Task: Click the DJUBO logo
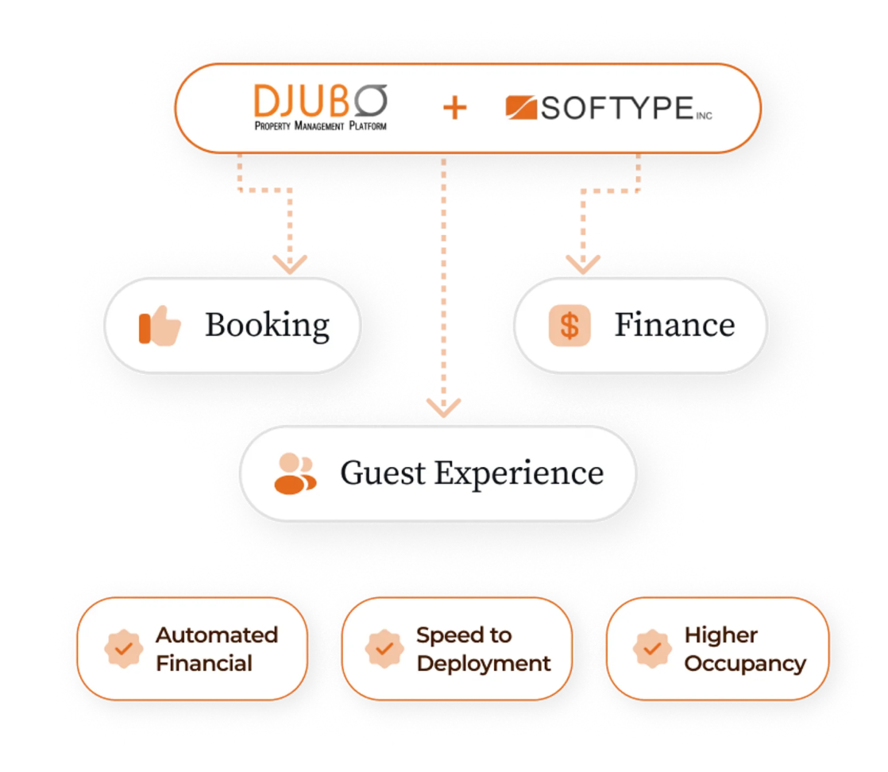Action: [x=321, y=107]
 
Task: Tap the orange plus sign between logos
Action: [x=455, y=107]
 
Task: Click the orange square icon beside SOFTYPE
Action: [x=521, y=107]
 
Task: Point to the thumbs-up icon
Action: [x=160, y=326]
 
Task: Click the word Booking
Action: [x=268, y=326]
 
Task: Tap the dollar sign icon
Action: [x=569, y=326]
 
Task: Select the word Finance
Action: [x=675, y=325]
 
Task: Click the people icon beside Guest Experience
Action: [x=295, y=473]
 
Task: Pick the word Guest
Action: [x=383, y=473]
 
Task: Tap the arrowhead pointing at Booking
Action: [x=290, y=264]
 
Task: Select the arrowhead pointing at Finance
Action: [x=583, y=264]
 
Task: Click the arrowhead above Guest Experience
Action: [x=443, y=407]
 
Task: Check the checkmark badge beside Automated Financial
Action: [x=123, y=649]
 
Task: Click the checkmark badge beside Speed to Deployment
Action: [x=384, y=649]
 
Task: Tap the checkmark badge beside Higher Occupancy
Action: [x=652, y=649]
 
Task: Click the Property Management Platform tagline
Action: [x=321, y=125]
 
